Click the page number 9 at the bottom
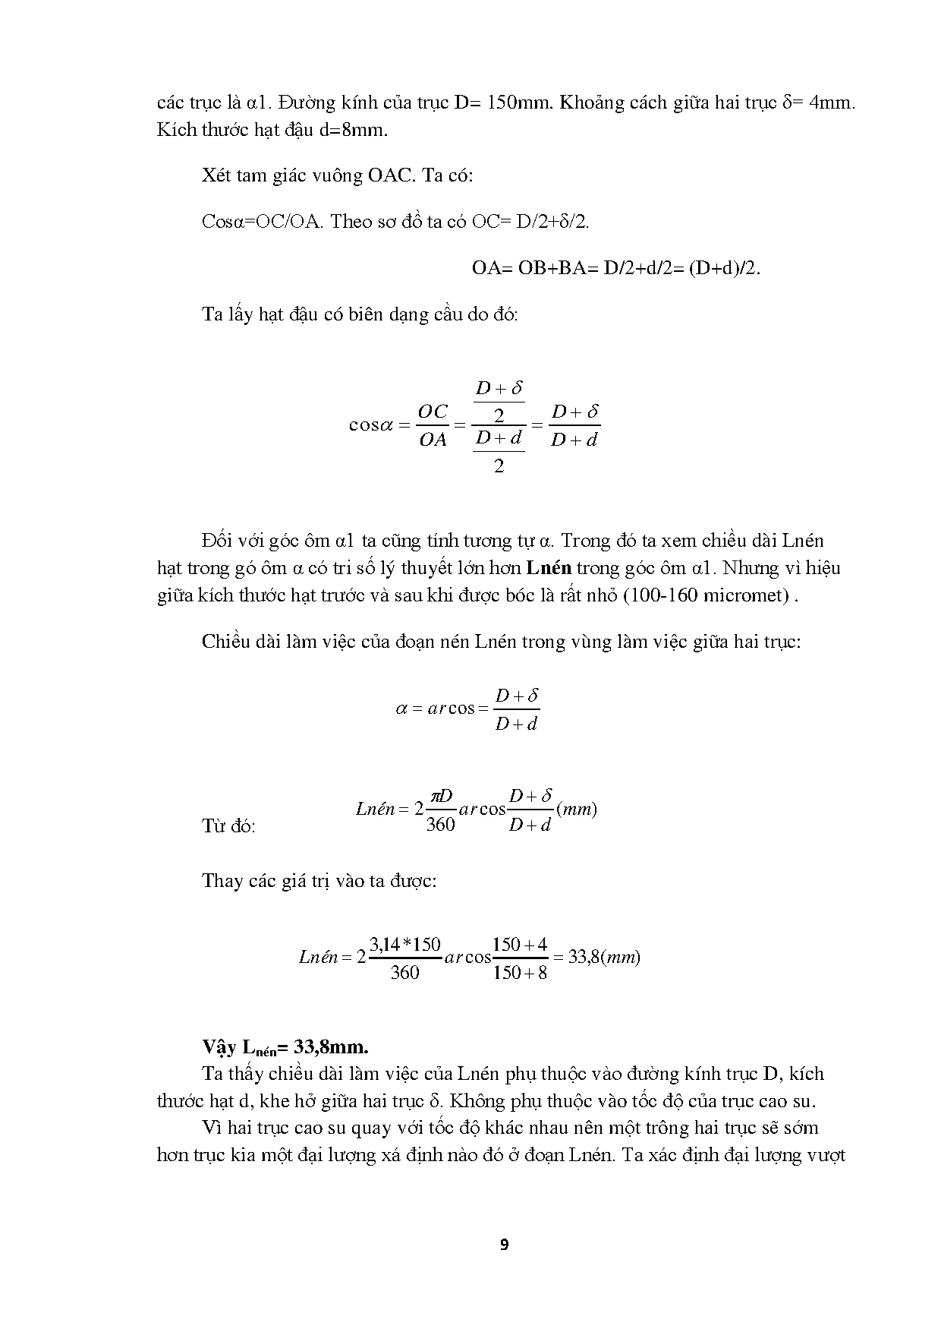click(505, 1245)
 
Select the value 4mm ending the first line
click(832, 103)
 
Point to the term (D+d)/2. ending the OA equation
click(724, 268)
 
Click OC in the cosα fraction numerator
click(433, 412)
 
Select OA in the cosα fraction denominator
click(433, 440)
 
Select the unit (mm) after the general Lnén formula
click(577, 810)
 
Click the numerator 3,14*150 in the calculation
click(404, 944)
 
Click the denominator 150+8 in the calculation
click(520, 973)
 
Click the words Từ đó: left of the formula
click(228, 826)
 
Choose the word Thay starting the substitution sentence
click(222, 881)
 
